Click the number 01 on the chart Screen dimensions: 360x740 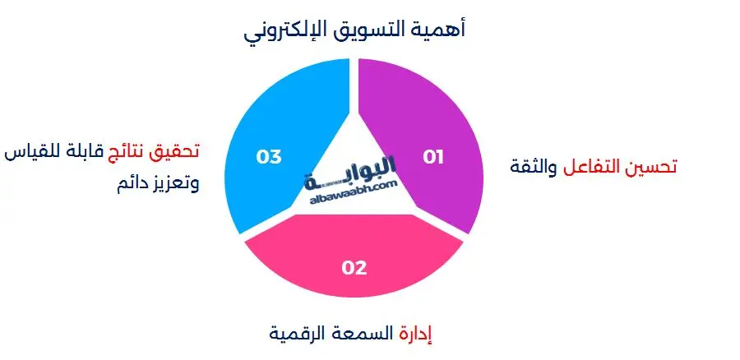433,157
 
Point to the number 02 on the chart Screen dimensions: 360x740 354,267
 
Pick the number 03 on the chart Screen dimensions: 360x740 269,156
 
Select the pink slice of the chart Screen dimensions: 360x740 354,247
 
